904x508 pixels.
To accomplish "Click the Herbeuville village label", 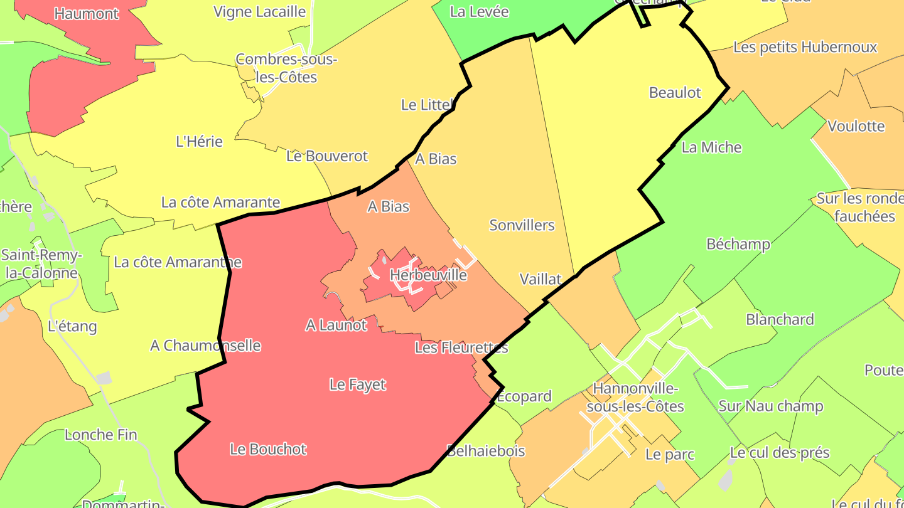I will (428, 275).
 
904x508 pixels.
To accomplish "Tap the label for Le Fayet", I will (357, 384).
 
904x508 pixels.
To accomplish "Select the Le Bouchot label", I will (268, 449).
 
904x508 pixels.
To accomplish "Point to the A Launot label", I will (336, 325).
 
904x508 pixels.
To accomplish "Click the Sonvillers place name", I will (522, 225).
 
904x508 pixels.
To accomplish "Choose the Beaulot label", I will (675, 93).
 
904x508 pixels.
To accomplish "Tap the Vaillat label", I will (541, 279).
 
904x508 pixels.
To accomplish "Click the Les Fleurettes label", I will (461, 347).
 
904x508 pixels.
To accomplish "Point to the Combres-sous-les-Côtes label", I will (286, 68).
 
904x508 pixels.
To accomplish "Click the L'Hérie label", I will (199, 142).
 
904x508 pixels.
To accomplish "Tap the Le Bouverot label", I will (326, 156).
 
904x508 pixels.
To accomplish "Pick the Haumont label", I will (86, 14).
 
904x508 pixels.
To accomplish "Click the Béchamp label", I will (738, 244).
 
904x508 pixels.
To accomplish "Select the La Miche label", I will (711, 147).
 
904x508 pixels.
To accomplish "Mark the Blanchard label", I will (780, 319).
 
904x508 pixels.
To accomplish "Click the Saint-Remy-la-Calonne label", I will (41, 264).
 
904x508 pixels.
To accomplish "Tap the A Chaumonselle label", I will (205, 346).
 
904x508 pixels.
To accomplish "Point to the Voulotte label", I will (856, 126).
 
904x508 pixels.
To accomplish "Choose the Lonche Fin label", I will (101, 435).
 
